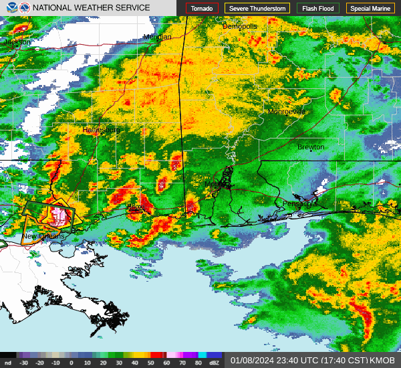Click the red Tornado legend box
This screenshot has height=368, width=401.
pos(201,8)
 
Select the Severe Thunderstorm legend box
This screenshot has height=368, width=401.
pos(257,8)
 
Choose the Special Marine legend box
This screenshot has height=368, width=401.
pos(370,8)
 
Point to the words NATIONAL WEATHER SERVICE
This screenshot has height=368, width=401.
pos(92,8)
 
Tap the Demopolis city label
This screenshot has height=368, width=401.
pos(239,26)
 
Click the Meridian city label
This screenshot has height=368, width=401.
pos(157,37)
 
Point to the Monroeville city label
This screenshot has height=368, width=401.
pos(285,112)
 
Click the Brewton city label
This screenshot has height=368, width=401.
pos(311,147)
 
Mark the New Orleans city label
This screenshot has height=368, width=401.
pos(43,237)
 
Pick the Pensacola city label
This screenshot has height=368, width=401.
pos(298,203)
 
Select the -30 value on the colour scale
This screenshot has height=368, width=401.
pos(25,363)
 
